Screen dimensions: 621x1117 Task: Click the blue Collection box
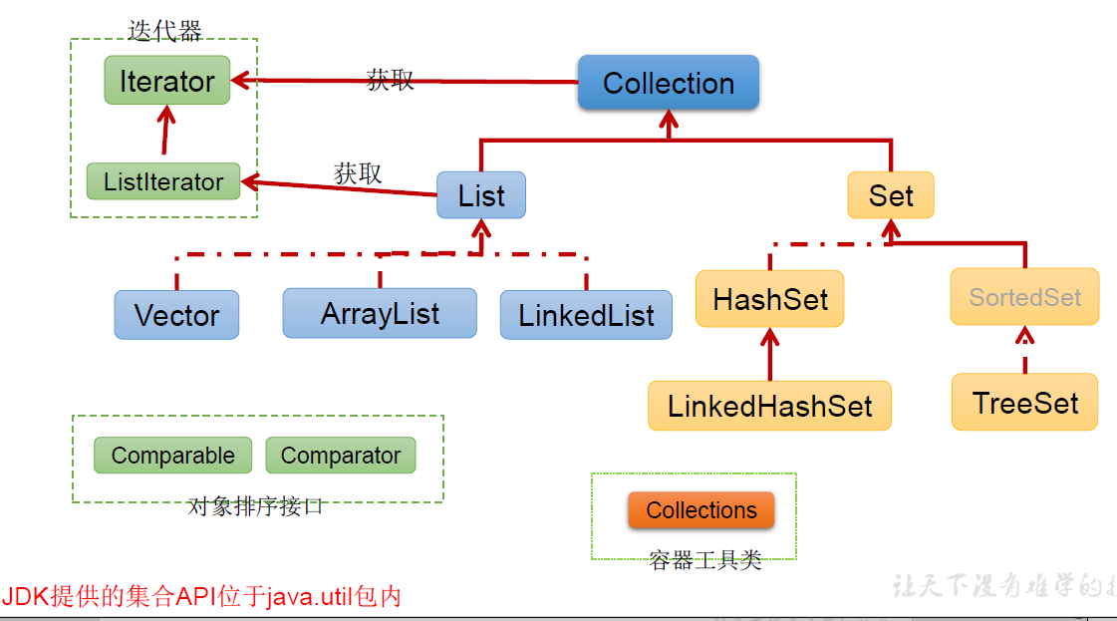pyautogui.click(x=668, y=83)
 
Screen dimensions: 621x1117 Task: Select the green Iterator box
pyautogui.click(x=166, y=81)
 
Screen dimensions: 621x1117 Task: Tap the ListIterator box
pyautogui.click(x=163, y=181)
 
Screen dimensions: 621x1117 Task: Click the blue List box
pyautogui.click(x=481, y=195)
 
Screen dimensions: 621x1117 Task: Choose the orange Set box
pyautogui.click(x=890, y=195)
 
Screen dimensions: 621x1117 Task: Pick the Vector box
pyautogui.click(x=176, y=315)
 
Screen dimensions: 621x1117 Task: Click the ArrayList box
pyautogui.click(x=380, y=313)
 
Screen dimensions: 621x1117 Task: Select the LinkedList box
pyautogui.click(x=586, y=315)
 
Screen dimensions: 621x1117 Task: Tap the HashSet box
pyautogui.click(x=770, y=299)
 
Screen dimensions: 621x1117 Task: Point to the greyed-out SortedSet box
pyautogui.click(x=1024, y=297)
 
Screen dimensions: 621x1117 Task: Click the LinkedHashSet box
pyautogui.click(x=769, y=406)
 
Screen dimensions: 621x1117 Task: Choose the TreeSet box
pyautogui.click(x=1024, y=403)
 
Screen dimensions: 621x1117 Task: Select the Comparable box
pyautogui.click(x=172, y=456)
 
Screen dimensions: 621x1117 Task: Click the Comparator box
pyautogui.click(x=340, y=456)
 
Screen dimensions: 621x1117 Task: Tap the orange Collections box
pyautogui.click(x=700, y=510)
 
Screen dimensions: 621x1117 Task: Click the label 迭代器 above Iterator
pyautogui.click(x=164, y=31)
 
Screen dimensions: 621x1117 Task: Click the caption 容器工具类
pyautogui.click(x=704, y=560)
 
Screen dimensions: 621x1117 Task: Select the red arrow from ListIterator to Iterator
pyautogui.click(x=166, y=133)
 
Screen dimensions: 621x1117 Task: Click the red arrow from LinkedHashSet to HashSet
pyautogui.click(x=769, y=354)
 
